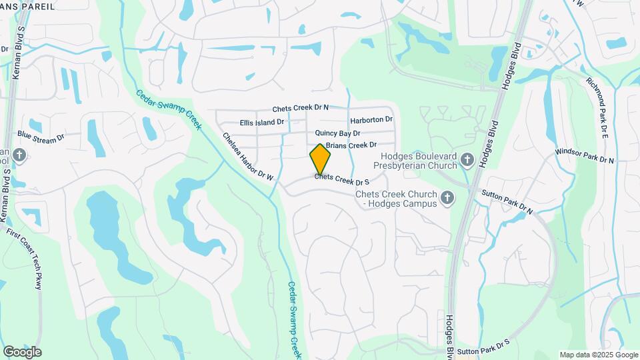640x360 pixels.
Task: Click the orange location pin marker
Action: [320, 159]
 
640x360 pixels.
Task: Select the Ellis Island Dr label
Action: [262, 123]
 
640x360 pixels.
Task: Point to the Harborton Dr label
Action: [371, 120]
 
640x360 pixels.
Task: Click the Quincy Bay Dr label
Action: [337, 133]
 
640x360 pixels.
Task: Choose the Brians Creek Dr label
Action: [351, 145]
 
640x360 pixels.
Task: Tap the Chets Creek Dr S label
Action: [342, 179]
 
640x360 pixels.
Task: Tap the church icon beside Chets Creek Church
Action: [447, 197]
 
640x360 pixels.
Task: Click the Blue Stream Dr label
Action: [41, 136]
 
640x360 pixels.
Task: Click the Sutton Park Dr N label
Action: [507, 201]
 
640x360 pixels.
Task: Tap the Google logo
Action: [22, 351]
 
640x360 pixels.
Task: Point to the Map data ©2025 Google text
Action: [598, 355]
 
